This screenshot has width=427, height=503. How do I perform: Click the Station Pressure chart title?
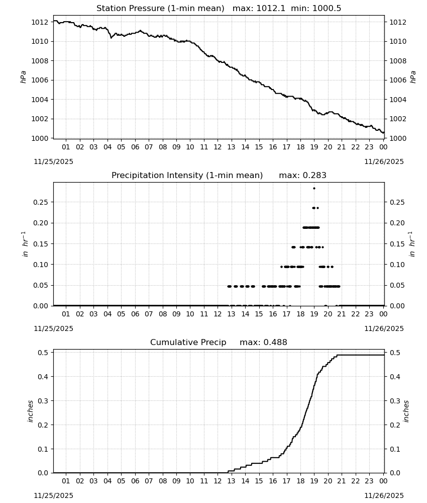(160, 9)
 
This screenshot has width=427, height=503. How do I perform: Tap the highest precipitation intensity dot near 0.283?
(314, 188)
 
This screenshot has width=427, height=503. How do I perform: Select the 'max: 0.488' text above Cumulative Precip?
(263, 342)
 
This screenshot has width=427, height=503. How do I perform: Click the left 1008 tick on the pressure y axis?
(40, 61)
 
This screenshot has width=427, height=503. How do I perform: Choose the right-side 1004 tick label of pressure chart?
(398, 100)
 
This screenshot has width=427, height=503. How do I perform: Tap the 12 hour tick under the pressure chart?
(218, 147)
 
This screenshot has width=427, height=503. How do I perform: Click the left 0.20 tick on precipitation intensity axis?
(41, 223)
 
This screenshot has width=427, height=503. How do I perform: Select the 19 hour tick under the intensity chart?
(314, 314)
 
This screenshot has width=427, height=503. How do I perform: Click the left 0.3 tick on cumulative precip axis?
(43, 401)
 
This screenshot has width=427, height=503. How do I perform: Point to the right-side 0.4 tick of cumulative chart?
(395, 377)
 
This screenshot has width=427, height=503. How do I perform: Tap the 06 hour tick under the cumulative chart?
(135, 481)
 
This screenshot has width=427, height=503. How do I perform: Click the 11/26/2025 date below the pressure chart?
(384, 161)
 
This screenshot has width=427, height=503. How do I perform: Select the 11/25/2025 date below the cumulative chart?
(53, 495)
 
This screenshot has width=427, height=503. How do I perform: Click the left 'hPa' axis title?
(23, 77)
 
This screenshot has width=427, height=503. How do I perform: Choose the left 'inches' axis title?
(31, 411)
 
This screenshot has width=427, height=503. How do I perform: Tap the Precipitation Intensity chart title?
(187, 176)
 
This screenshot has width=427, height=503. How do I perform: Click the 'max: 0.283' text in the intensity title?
(302, 176)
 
